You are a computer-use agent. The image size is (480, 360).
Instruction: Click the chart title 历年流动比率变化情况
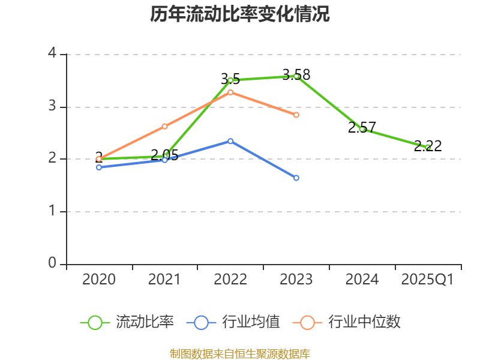tap(240, 14)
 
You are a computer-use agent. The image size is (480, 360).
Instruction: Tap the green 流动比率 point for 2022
tap(230, 80)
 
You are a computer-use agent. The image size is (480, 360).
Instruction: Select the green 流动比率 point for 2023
tap(296, 76)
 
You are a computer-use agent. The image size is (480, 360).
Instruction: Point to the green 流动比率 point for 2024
tap(362, 129)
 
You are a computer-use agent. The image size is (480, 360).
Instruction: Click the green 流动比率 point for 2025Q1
tap(428, 147)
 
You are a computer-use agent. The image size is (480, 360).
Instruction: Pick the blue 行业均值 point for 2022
tap(230, 141)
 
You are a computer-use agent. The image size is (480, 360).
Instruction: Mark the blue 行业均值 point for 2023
tap(296, 178)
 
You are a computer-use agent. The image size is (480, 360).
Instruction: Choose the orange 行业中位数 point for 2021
tap(164, 126)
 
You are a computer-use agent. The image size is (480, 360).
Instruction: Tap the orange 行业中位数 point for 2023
tap(296, 115)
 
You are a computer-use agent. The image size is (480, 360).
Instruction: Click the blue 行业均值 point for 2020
tap(99, 167)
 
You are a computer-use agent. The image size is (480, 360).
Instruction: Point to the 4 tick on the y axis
tap(52, 54)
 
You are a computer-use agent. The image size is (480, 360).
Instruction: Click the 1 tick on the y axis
tap(52, 211)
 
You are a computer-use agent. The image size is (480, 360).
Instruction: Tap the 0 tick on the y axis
tap(52, 263)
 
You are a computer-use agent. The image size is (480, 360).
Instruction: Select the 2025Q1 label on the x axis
tap(428, 280)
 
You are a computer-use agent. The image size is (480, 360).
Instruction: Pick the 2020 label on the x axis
tap(99, 280)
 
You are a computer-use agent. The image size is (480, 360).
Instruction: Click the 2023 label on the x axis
tap(296, 280)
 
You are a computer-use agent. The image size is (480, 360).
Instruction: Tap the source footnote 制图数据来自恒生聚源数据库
tap(240, 353)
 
